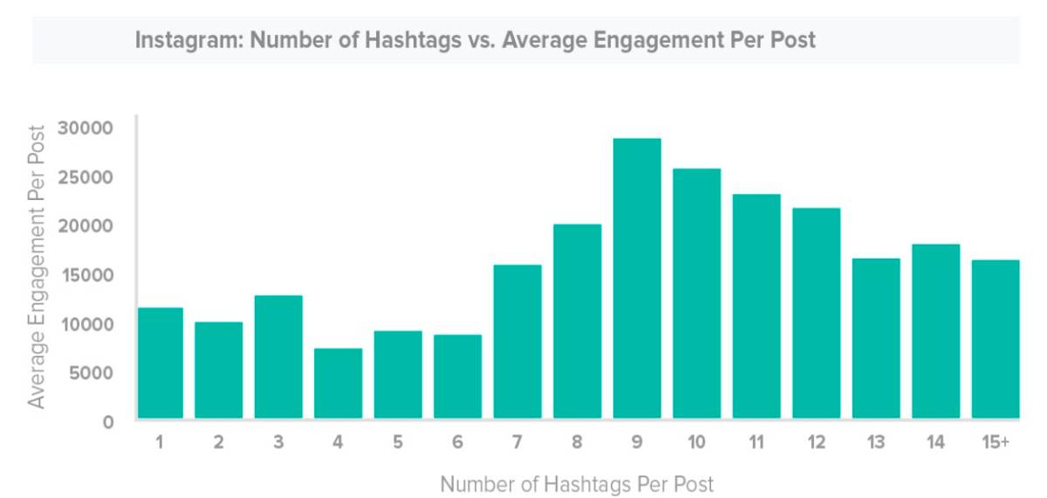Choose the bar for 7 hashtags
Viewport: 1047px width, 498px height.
tap(517, 341)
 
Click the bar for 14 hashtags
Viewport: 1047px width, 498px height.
tap(935, 331)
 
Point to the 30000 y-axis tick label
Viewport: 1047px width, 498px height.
tap(86, 128)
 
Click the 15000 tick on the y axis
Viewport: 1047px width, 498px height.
tap(86, 275)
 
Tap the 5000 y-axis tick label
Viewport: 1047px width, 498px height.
tap(90, 373)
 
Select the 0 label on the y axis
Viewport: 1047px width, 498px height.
tap(108, 422)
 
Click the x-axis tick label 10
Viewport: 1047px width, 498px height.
tap(696, 443)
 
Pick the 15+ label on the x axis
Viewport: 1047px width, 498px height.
tap(996, 443)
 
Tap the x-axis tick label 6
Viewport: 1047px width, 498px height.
tap(457, 443)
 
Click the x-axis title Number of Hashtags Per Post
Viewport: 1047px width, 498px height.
tap(577, 483)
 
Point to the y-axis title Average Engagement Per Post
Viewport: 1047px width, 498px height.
tap(36, 266)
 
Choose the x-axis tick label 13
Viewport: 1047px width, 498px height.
tap(876, 443)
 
